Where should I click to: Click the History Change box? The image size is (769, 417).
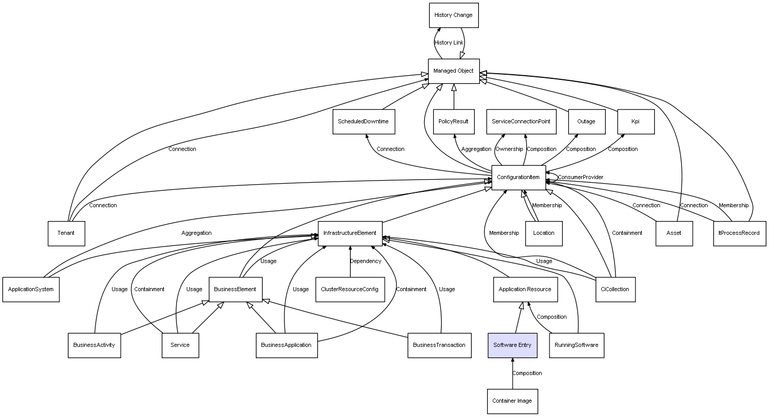[453, 15]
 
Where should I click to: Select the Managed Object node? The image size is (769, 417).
[453, 71]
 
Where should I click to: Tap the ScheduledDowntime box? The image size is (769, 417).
[363, 122]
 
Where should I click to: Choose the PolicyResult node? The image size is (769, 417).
[453, 122]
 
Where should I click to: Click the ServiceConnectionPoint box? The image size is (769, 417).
[521, 122]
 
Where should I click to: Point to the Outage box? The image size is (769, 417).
[586, 122]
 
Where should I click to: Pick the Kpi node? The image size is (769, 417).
[635, 122]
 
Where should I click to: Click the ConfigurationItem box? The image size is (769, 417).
[518, 178]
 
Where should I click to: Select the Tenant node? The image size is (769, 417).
[66, 233]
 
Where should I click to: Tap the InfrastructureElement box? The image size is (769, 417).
[350, 233]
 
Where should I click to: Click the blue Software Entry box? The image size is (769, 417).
[512, 345]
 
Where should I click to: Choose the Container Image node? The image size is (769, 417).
[512, 401]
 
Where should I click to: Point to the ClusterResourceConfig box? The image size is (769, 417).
[350, 290]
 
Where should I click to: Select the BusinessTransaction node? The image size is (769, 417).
[439, 345]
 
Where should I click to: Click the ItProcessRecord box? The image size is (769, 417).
[739, 233]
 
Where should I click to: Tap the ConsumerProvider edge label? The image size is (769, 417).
[580, 178]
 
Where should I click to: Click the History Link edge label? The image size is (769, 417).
[449, 43]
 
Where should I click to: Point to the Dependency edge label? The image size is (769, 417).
[365, 261]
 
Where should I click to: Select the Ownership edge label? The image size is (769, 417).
[509, 149]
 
